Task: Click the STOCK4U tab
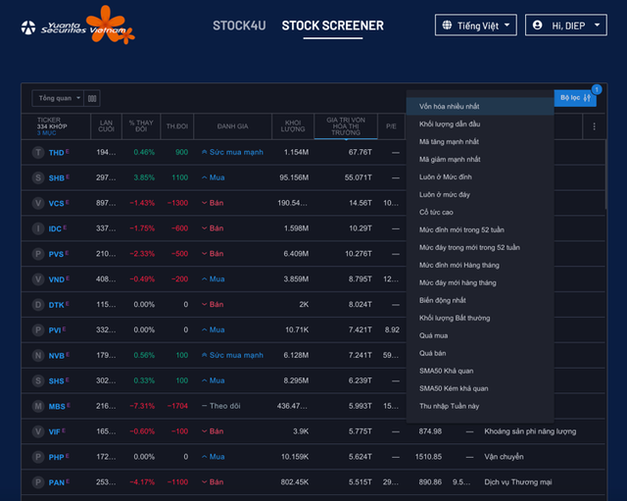[239, 25]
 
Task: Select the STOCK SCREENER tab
[332, 25]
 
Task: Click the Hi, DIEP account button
[565, 25]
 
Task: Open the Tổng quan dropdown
[58, 98]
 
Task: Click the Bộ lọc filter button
[574, 98]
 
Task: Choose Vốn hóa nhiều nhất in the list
[450, 105]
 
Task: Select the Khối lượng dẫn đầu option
[450, 124]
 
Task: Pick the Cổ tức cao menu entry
[436, 212]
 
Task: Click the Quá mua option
[433, 335]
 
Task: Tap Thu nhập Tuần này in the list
[449, 406]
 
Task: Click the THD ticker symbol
[56, 152]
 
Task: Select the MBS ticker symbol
[57, 406]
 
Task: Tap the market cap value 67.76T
[360, 152]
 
